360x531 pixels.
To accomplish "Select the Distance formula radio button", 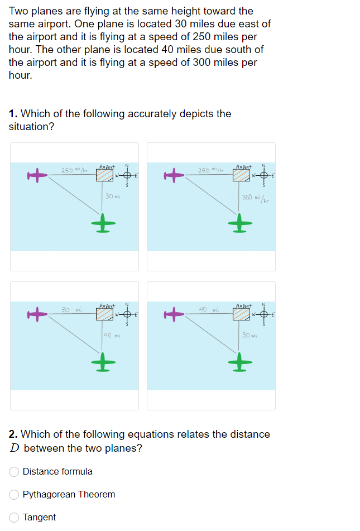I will (x=14, y=472).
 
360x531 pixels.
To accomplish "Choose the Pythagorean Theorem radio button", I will (x=14, y=495).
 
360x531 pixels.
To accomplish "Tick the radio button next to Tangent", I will (x=14, y=518).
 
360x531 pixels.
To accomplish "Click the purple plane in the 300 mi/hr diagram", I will (x=174, y=176).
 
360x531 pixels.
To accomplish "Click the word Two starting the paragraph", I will (x=19, y=11).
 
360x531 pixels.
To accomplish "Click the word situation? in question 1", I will (x=31, y=127).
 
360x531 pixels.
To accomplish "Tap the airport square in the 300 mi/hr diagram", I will (x=241, y=176).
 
